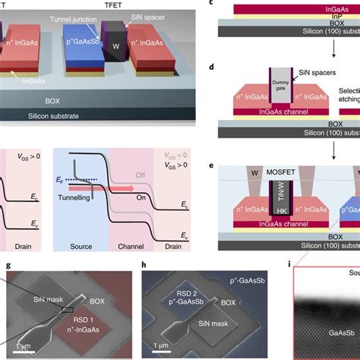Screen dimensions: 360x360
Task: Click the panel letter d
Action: pos(222,67)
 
